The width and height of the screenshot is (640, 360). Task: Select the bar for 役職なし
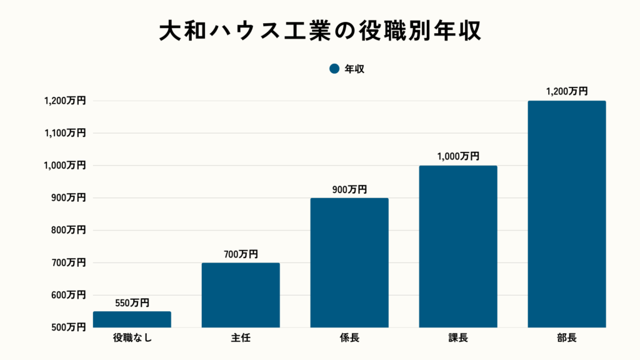(x=132, y=319)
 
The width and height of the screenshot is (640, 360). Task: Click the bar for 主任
(x=241, y=295)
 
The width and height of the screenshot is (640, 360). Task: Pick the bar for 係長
(x=349, y=262)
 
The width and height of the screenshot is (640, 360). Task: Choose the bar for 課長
(x=458, y=246)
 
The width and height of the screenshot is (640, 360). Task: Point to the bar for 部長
(x=567, y=214)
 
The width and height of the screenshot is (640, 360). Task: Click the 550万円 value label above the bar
(x=132, y=303)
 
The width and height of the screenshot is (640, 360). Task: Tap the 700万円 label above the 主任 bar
(x=241, y=254)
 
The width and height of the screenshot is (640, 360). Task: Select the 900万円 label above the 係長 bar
(x=349, y=189)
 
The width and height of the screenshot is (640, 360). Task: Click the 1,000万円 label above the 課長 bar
(x=458, y=157)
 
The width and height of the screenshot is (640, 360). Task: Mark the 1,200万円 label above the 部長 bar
(x=567, y=91)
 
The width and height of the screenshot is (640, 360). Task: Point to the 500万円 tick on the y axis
(x=68, y=327)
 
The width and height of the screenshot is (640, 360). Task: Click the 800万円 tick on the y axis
(x=68, y=230)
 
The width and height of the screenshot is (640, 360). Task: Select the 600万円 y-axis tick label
(x=68, y=295)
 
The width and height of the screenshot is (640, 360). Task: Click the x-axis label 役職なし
(x=132, y=339)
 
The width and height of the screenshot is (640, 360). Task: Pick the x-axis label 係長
(x=349, y=339)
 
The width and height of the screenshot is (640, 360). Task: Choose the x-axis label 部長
(x=567, y=339)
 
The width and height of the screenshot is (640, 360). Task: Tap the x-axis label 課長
(x=458, y=339)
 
